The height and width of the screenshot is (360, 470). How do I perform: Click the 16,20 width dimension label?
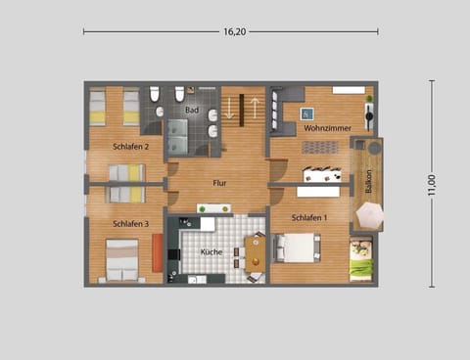234,31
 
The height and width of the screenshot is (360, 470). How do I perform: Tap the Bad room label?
192,111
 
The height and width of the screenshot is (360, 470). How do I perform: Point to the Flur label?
220,182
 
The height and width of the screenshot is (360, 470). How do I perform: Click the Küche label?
211,251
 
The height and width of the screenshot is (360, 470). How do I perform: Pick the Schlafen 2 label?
131,147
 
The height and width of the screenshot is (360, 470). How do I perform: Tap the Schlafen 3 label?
131,224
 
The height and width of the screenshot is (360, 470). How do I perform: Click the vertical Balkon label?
369,183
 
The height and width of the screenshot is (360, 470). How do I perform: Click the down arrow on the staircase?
230,108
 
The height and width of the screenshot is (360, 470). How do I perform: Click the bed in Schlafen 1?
297,248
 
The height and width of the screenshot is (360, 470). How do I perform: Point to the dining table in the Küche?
256,253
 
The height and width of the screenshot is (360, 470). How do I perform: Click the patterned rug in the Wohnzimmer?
319,147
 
